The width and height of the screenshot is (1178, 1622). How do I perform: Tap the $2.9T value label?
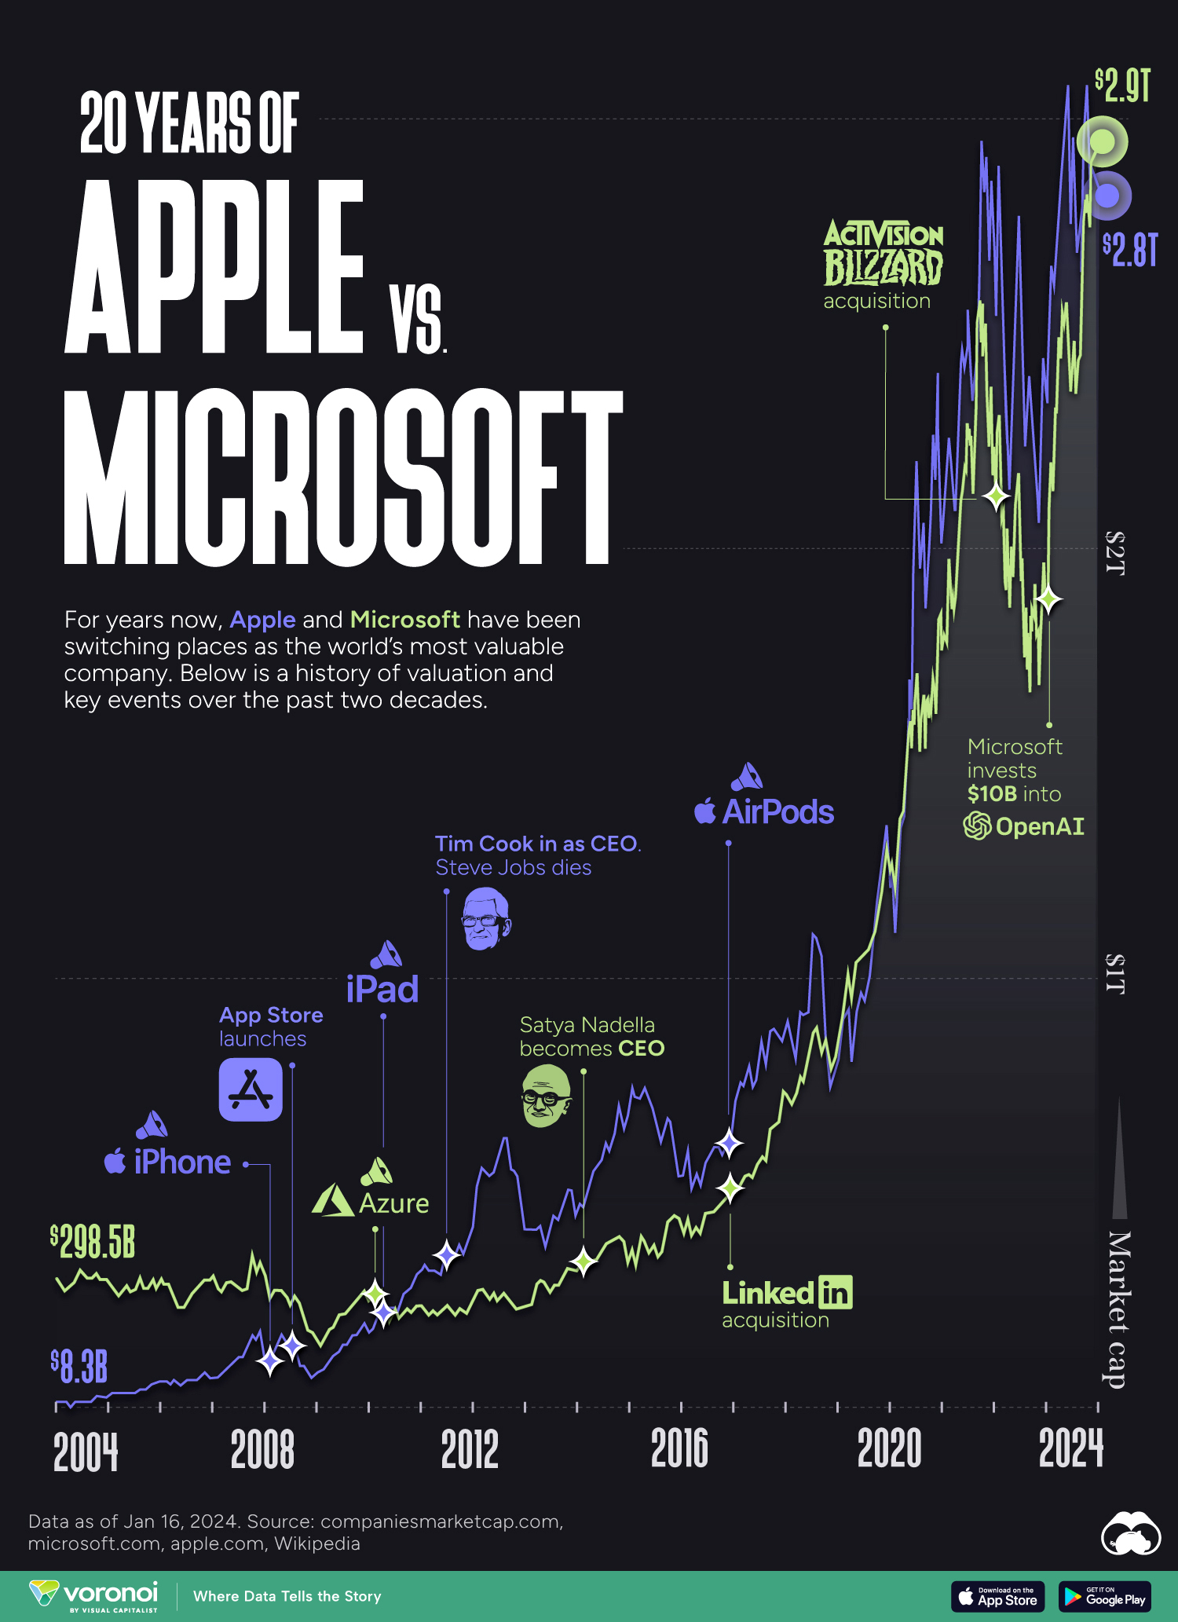[1123, 86]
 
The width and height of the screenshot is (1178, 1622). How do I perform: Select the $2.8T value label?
[1130, 250]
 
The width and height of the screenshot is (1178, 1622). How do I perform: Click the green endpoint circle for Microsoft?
[1102, 142]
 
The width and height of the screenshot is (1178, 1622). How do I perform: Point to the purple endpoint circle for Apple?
[1107, 196]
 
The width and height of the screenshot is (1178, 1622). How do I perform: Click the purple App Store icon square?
[251, 1089]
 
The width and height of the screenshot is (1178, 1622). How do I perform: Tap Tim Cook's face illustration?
[486, 919]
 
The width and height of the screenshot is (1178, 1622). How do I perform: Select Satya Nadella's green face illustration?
[546, 1096]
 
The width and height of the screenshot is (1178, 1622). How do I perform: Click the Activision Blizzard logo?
[883, 253]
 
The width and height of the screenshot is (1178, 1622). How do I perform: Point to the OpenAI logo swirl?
[977, 826]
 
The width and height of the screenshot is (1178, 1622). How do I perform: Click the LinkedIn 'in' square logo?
[835, 1292]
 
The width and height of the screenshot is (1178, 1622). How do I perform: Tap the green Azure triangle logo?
[333, 1201]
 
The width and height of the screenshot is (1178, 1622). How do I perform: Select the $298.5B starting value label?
[93, 1242]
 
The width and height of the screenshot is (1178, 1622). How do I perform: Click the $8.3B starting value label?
[79, 1368]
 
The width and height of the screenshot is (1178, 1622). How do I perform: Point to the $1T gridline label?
[1115, 975]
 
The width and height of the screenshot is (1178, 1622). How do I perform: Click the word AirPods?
[777, 812]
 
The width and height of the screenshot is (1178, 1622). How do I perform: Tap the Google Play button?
[1104, 1597]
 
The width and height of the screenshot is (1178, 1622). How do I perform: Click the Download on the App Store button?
[997, 1597]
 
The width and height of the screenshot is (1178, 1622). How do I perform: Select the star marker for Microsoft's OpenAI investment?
[1048, 600]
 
